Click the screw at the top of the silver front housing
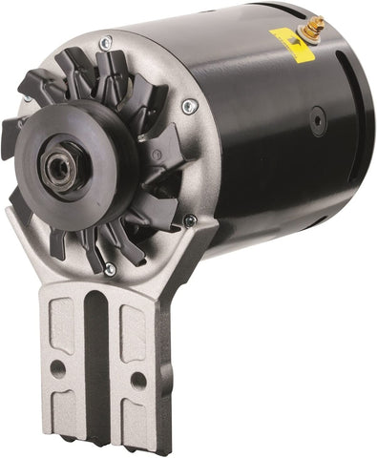coord(106,42)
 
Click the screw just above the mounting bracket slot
coord(110,270)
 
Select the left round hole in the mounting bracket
coord(60,365)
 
